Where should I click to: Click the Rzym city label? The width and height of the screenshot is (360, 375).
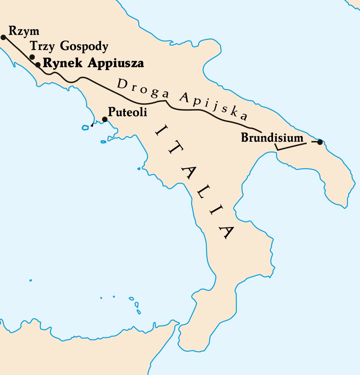pos(24,31)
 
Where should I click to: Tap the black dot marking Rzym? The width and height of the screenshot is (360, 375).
pos(3,37)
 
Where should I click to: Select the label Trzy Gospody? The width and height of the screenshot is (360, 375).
pos(69,46)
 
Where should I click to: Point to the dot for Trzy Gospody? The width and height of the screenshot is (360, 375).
pos(32,57)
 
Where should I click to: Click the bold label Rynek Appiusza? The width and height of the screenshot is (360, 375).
pos(93,63)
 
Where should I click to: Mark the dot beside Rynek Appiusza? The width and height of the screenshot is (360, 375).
pos(38,64)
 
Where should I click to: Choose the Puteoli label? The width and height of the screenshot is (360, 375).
pos(127,112)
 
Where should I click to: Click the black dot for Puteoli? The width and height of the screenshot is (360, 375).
pos(105,119)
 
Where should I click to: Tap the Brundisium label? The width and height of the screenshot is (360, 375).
pos(272,138)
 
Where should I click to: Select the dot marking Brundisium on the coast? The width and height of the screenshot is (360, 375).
pos(320,142)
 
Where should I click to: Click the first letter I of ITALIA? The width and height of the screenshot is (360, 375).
pos(158,131)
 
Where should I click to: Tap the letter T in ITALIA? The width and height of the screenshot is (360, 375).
pos(173,148)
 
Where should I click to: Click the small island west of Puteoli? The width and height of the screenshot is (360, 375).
pos(85,128)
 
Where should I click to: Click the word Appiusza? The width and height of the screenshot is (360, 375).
pos(116,63)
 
